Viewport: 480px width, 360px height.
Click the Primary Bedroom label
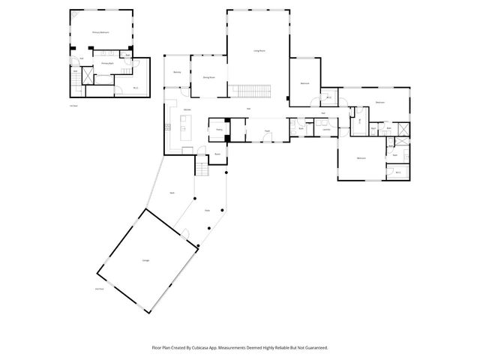click(101, 32)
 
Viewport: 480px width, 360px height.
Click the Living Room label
click(258, 51)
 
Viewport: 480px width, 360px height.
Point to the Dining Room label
click(208, 76)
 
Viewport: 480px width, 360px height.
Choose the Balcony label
click(178, 72)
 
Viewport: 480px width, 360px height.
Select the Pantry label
click(219, 130)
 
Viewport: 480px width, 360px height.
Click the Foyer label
click(266, 131)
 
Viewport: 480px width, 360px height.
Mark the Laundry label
click(325, 130)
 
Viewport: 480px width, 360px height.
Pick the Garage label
click(145, 260)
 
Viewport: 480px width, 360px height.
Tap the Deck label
click(172, 193)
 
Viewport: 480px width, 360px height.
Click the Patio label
click(208, 211)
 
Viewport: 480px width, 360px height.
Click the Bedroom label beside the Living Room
click(304, 82)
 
